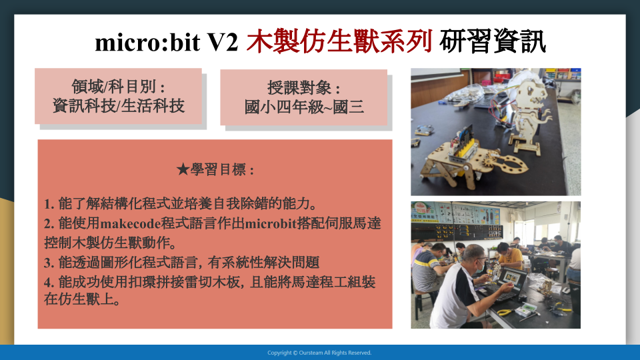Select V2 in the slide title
click(223, 42)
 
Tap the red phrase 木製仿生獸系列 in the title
click(339, 41)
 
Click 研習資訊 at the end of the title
click(492, 41)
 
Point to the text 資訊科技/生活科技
click(119, 106)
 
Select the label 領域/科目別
click(113, 87)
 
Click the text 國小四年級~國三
click(304, 107)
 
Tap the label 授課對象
click(299, 88)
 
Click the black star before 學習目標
click(183, 169)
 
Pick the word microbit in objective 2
click(271, 224)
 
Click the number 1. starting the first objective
click(49, 204)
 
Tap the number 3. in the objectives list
click(49, 263)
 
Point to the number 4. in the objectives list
click(49, 282)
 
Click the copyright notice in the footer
click(319, 353)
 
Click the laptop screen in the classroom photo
click(510, 279)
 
